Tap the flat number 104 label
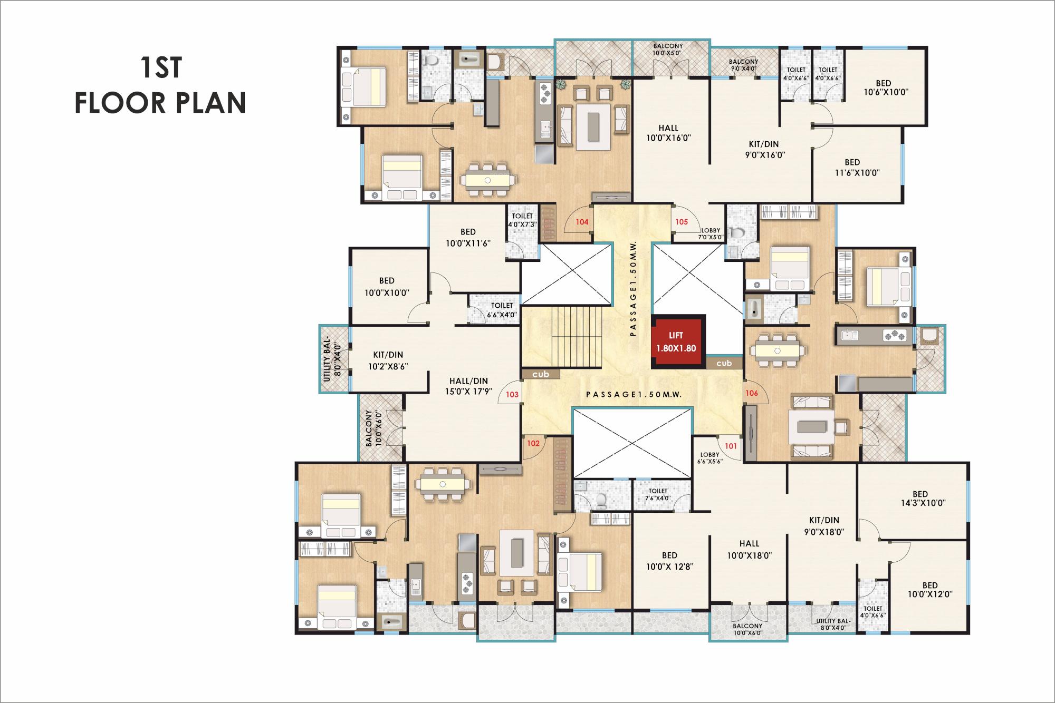point(581,222)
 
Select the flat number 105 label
point(682,222)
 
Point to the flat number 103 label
point(512,394)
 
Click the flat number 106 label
point(752,393)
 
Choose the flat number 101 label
point(730,446)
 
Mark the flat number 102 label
point(533,443)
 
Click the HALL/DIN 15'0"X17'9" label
point(468,386)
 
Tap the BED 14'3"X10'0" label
point(920,499)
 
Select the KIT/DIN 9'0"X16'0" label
point(763,150)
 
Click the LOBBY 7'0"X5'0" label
point(711,234)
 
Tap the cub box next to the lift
point(724,363)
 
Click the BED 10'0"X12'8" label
point(669,561)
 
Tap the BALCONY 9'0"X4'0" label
point(743,64)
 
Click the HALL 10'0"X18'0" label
point(749,549)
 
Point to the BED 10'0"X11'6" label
point(467,237)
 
